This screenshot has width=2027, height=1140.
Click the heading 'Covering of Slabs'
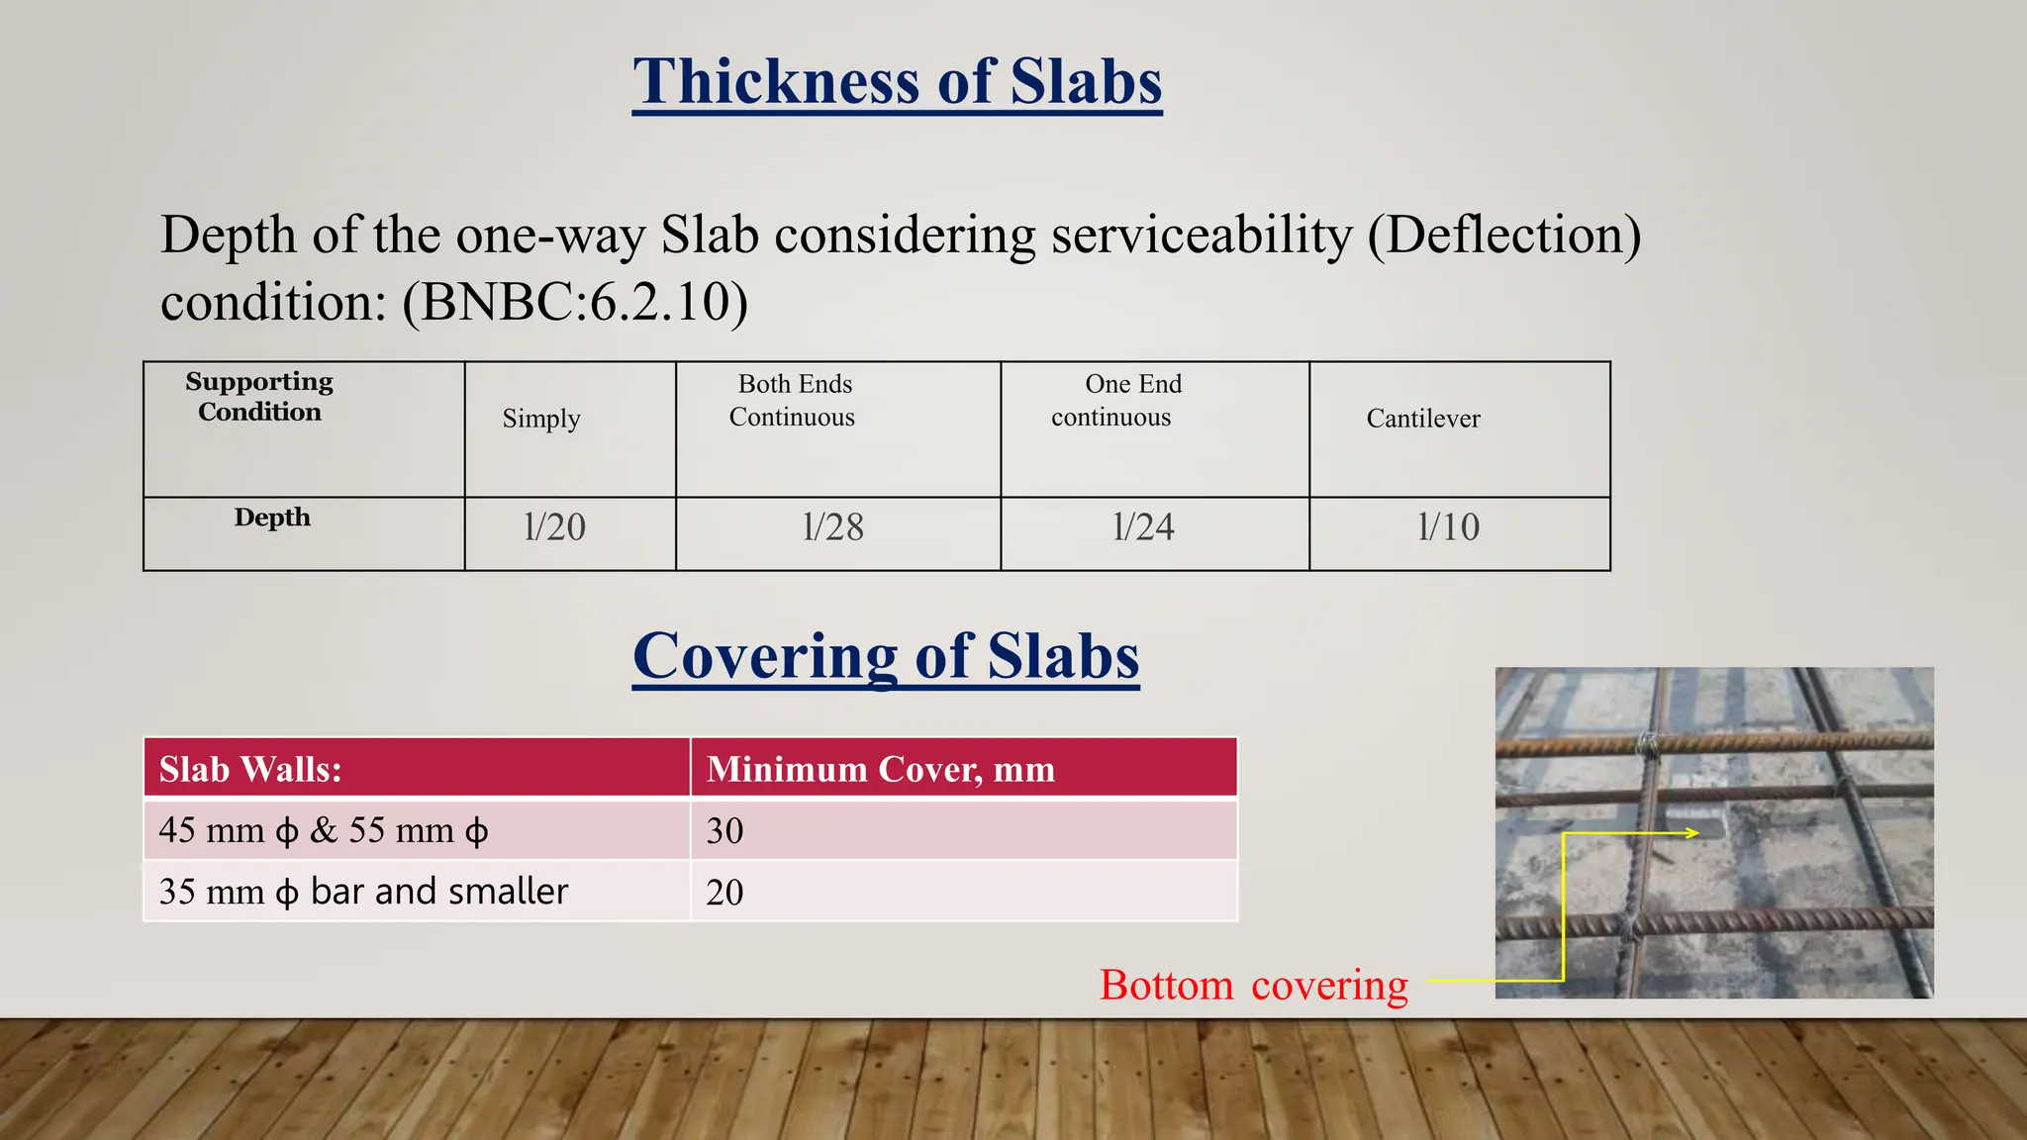tap(886, 656)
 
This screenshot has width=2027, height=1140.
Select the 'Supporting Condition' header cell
tap(259, 397)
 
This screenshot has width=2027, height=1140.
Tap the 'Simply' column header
tap(540, 419)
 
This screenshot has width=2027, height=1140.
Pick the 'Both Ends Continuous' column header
tap(793, 401)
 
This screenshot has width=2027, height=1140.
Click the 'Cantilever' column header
tap(1422, 419)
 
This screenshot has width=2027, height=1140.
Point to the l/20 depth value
tap(554, 527)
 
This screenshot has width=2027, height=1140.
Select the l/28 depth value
tap(832, 527)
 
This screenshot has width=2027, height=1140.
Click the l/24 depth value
tap(1143, 527)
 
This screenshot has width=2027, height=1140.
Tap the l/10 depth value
tap(1448, 527)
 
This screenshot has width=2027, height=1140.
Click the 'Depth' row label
tap(272, 518)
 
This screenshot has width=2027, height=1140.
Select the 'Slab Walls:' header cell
tap(250, 769)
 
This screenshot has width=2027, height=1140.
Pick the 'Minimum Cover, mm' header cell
tap(880, 769)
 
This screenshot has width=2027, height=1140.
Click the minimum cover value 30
tap(724, 830)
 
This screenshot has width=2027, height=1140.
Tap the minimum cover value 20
tap(724, 892)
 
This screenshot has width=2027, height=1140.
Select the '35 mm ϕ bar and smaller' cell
tap(363, 892)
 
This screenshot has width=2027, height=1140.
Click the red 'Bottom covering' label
tap(1253, 986)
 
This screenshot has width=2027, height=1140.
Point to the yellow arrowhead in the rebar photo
tap(1691, 833)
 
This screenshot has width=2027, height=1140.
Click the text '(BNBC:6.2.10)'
tap(574, 302)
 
